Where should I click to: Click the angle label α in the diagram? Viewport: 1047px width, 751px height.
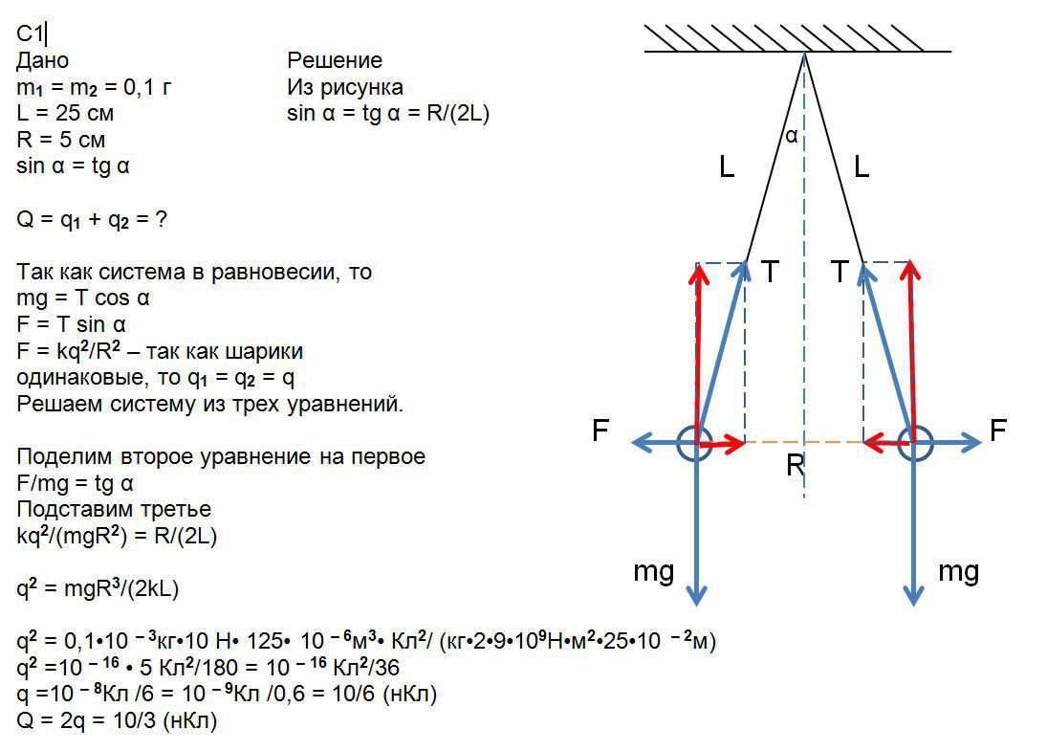792,137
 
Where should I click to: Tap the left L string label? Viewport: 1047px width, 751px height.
727,169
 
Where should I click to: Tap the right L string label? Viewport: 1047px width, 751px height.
862,169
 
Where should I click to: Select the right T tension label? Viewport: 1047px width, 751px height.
840,273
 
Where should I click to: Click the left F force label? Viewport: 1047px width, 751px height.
600,431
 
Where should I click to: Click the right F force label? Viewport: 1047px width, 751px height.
998,431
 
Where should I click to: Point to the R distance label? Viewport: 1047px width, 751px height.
796,467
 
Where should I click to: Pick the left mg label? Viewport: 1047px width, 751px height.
654,572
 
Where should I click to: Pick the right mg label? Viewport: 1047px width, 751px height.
958,572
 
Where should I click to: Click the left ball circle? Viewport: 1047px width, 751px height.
695,443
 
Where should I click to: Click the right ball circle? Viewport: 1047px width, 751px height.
915,443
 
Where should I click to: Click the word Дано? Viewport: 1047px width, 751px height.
43,60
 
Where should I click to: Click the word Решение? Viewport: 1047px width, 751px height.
335,60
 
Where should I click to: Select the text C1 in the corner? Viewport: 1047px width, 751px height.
29,33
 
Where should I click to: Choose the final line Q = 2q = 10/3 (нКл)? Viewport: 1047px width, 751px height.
118,720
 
